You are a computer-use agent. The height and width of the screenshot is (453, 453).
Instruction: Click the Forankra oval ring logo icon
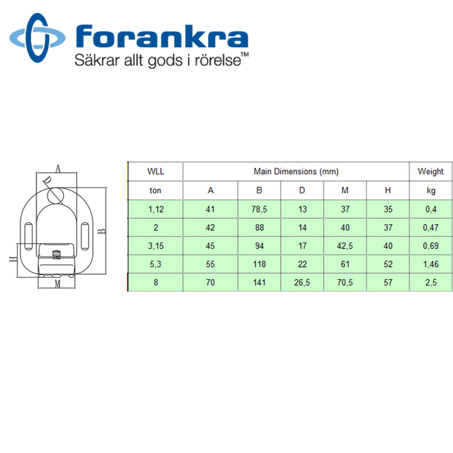click(38, 38)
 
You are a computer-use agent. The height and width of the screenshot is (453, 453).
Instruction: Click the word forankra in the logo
click(162, 36)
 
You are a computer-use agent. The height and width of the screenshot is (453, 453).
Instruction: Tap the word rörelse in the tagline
click(218, 60)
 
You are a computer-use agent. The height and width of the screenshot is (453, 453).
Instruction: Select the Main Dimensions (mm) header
click(296, 172)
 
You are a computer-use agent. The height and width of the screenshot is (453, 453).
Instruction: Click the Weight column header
click(430, 172)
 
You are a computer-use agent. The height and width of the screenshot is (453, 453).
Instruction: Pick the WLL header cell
click(156, 172)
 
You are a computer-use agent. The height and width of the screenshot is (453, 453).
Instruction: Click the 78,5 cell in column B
click(259, 209)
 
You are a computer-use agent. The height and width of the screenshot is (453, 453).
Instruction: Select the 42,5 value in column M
click(345, 246)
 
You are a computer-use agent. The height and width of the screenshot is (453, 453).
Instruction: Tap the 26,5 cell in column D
click(302, 282)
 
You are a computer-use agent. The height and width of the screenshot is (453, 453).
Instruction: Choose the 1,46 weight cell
click(431, 264)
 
